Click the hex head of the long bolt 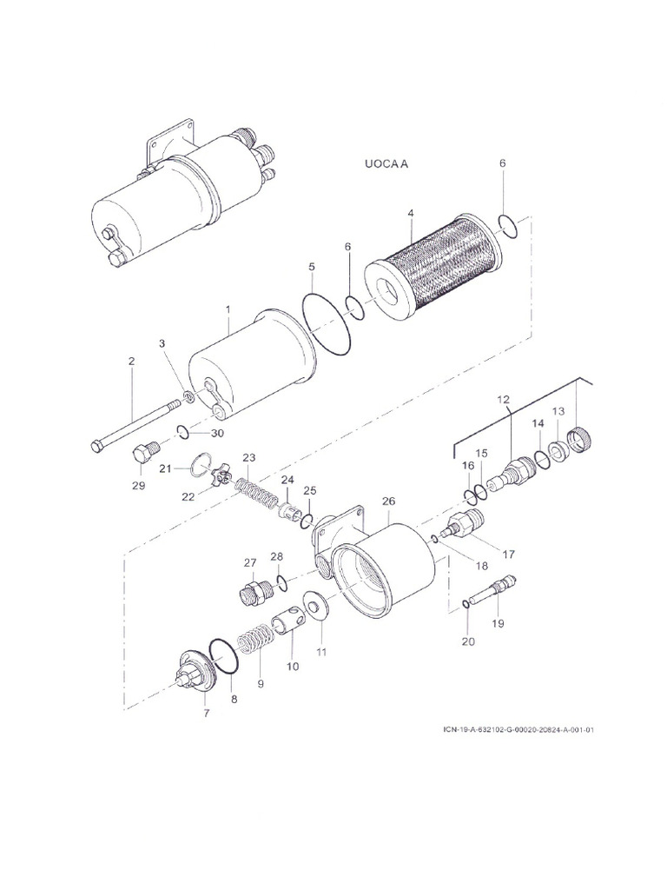(96, 447)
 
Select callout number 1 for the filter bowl (228, 309)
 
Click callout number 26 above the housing (388, 501)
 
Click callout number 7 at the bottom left (206, 714)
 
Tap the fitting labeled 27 (253, 593)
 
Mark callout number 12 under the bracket (503, 399)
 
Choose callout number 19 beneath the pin (498, 622)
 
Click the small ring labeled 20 (468, 602)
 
